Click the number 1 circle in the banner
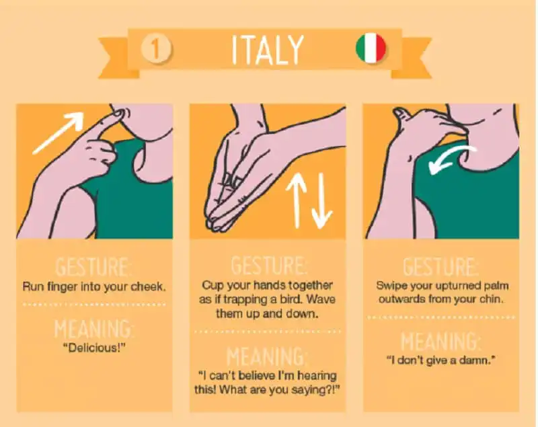(156, 48)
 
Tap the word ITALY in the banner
(268, 50)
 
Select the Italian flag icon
(371, 48)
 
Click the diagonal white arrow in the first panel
(59, 132)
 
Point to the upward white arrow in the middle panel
(299, 200)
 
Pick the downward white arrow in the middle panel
(321, 200)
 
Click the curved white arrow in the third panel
(452, 158)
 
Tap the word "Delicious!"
(94, 348)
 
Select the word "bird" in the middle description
(293, 299)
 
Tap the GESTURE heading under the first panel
(93, 267)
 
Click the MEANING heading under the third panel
(441, 341)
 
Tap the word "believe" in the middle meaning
(257, 376)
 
